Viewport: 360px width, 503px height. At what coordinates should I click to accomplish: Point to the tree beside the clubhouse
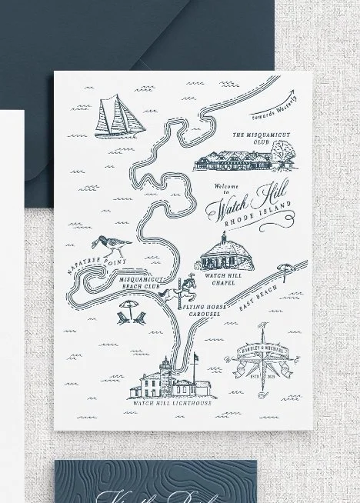pos(289,158)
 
